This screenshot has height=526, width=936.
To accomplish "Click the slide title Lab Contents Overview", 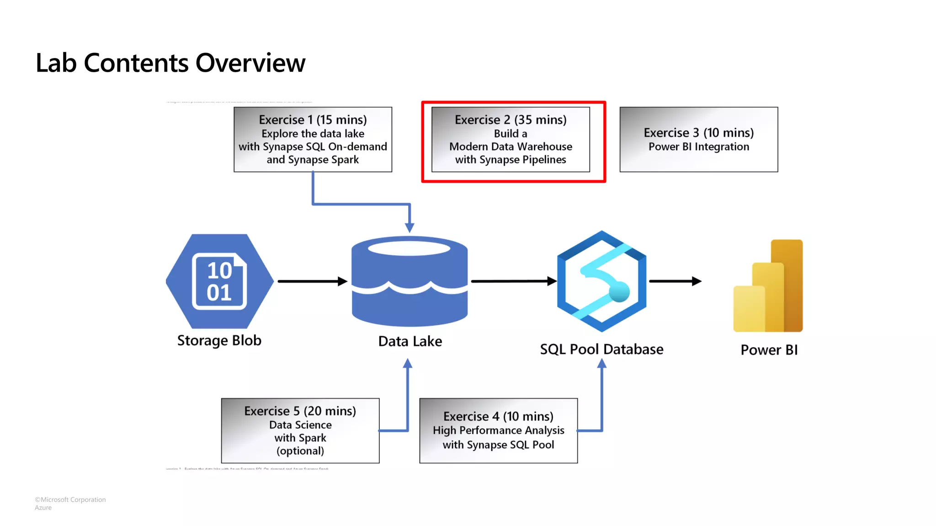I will click(x=170, y=63).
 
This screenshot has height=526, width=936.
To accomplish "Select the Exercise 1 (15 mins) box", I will click(x=313, y=139).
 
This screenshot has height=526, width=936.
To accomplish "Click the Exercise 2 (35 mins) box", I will click(x=511, y=139).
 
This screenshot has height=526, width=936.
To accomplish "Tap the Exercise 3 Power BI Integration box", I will click(x=698, y=139).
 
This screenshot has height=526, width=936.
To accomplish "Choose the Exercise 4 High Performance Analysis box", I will click(x=498, y=431).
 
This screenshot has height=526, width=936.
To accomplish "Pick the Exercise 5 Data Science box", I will click(x=300, y=431).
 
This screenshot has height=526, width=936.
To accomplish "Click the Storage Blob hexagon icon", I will click(x=220, y=281).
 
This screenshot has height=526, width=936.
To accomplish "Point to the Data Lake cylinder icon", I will click(x=409, y=281).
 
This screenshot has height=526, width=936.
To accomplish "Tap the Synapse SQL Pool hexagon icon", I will click(x=601, y=281).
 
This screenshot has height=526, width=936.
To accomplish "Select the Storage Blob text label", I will click(x=219, y=341).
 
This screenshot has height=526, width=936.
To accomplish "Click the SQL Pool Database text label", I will click(x=601, y=349).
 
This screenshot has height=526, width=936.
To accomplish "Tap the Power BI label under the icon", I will click(x=769, y=350).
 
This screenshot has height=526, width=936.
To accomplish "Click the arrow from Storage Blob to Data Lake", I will click(x=311, y=281).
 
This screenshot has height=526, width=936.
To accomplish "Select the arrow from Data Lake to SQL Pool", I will click(x=512, y=281).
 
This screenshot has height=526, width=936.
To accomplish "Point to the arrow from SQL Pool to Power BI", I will click(x=674, y=281).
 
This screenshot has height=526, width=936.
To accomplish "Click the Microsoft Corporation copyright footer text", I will click(x=70, y=500).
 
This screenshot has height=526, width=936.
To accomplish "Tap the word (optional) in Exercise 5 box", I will click(x=300, y=451).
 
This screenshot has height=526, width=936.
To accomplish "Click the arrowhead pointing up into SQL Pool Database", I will click(x=602, y=364).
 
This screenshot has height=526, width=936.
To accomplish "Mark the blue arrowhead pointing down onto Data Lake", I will click(x=409, y=227).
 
